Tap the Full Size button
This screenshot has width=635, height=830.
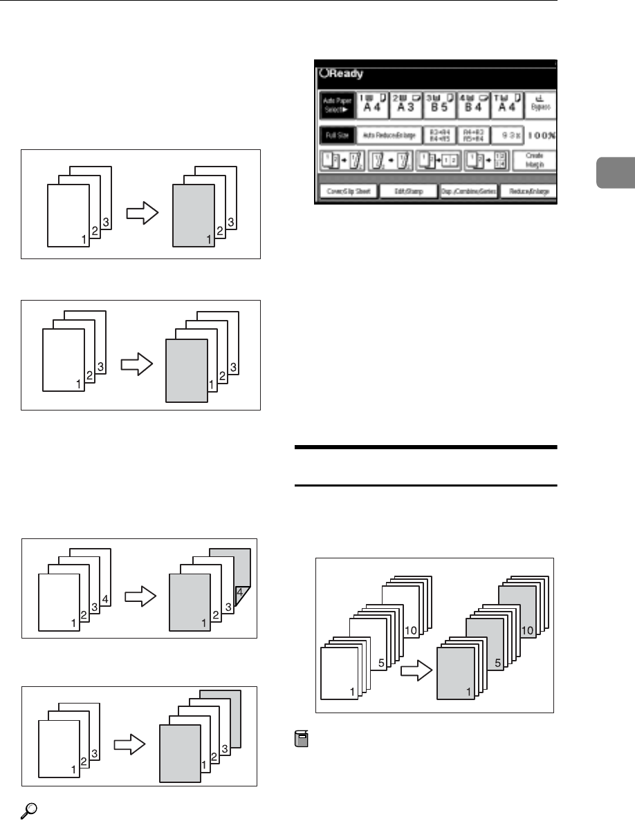336,136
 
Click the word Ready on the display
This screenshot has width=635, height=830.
344,73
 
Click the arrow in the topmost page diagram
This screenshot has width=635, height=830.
142,216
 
